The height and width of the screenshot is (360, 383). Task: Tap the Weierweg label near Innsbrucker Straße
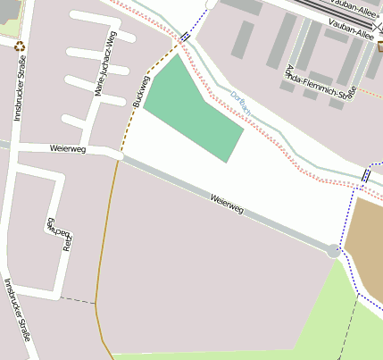68,148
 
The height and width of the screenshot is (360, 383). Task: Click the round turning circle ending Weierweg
334,251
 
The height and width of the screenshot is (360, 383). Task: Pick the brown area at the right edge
365,241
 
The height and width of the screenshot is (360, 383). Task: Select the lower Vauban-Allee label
351,32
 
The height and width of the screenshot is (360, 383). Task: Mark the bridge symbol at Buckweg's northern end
183,37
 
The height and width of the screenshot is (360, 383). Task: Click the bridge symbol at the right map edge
366,175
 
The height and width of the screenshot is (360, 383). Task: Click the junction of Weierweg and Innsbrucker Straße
8,144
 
